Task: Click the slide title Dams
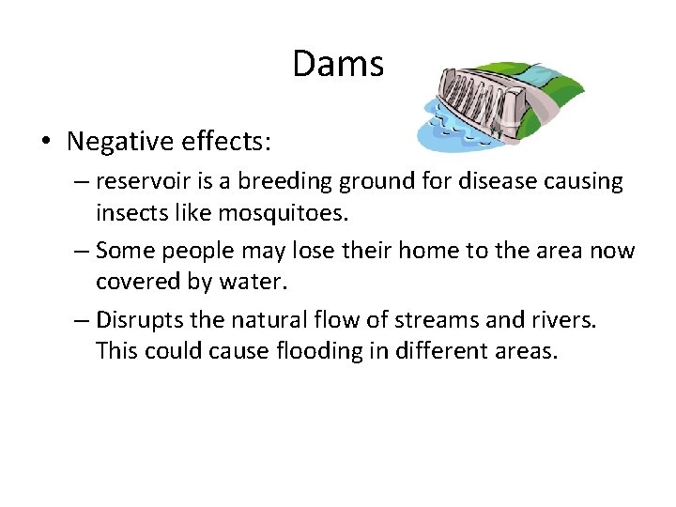338,65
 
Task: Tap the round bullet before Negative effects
46,143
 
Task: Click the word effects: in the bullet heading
234,142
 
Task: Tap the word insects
131,213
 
